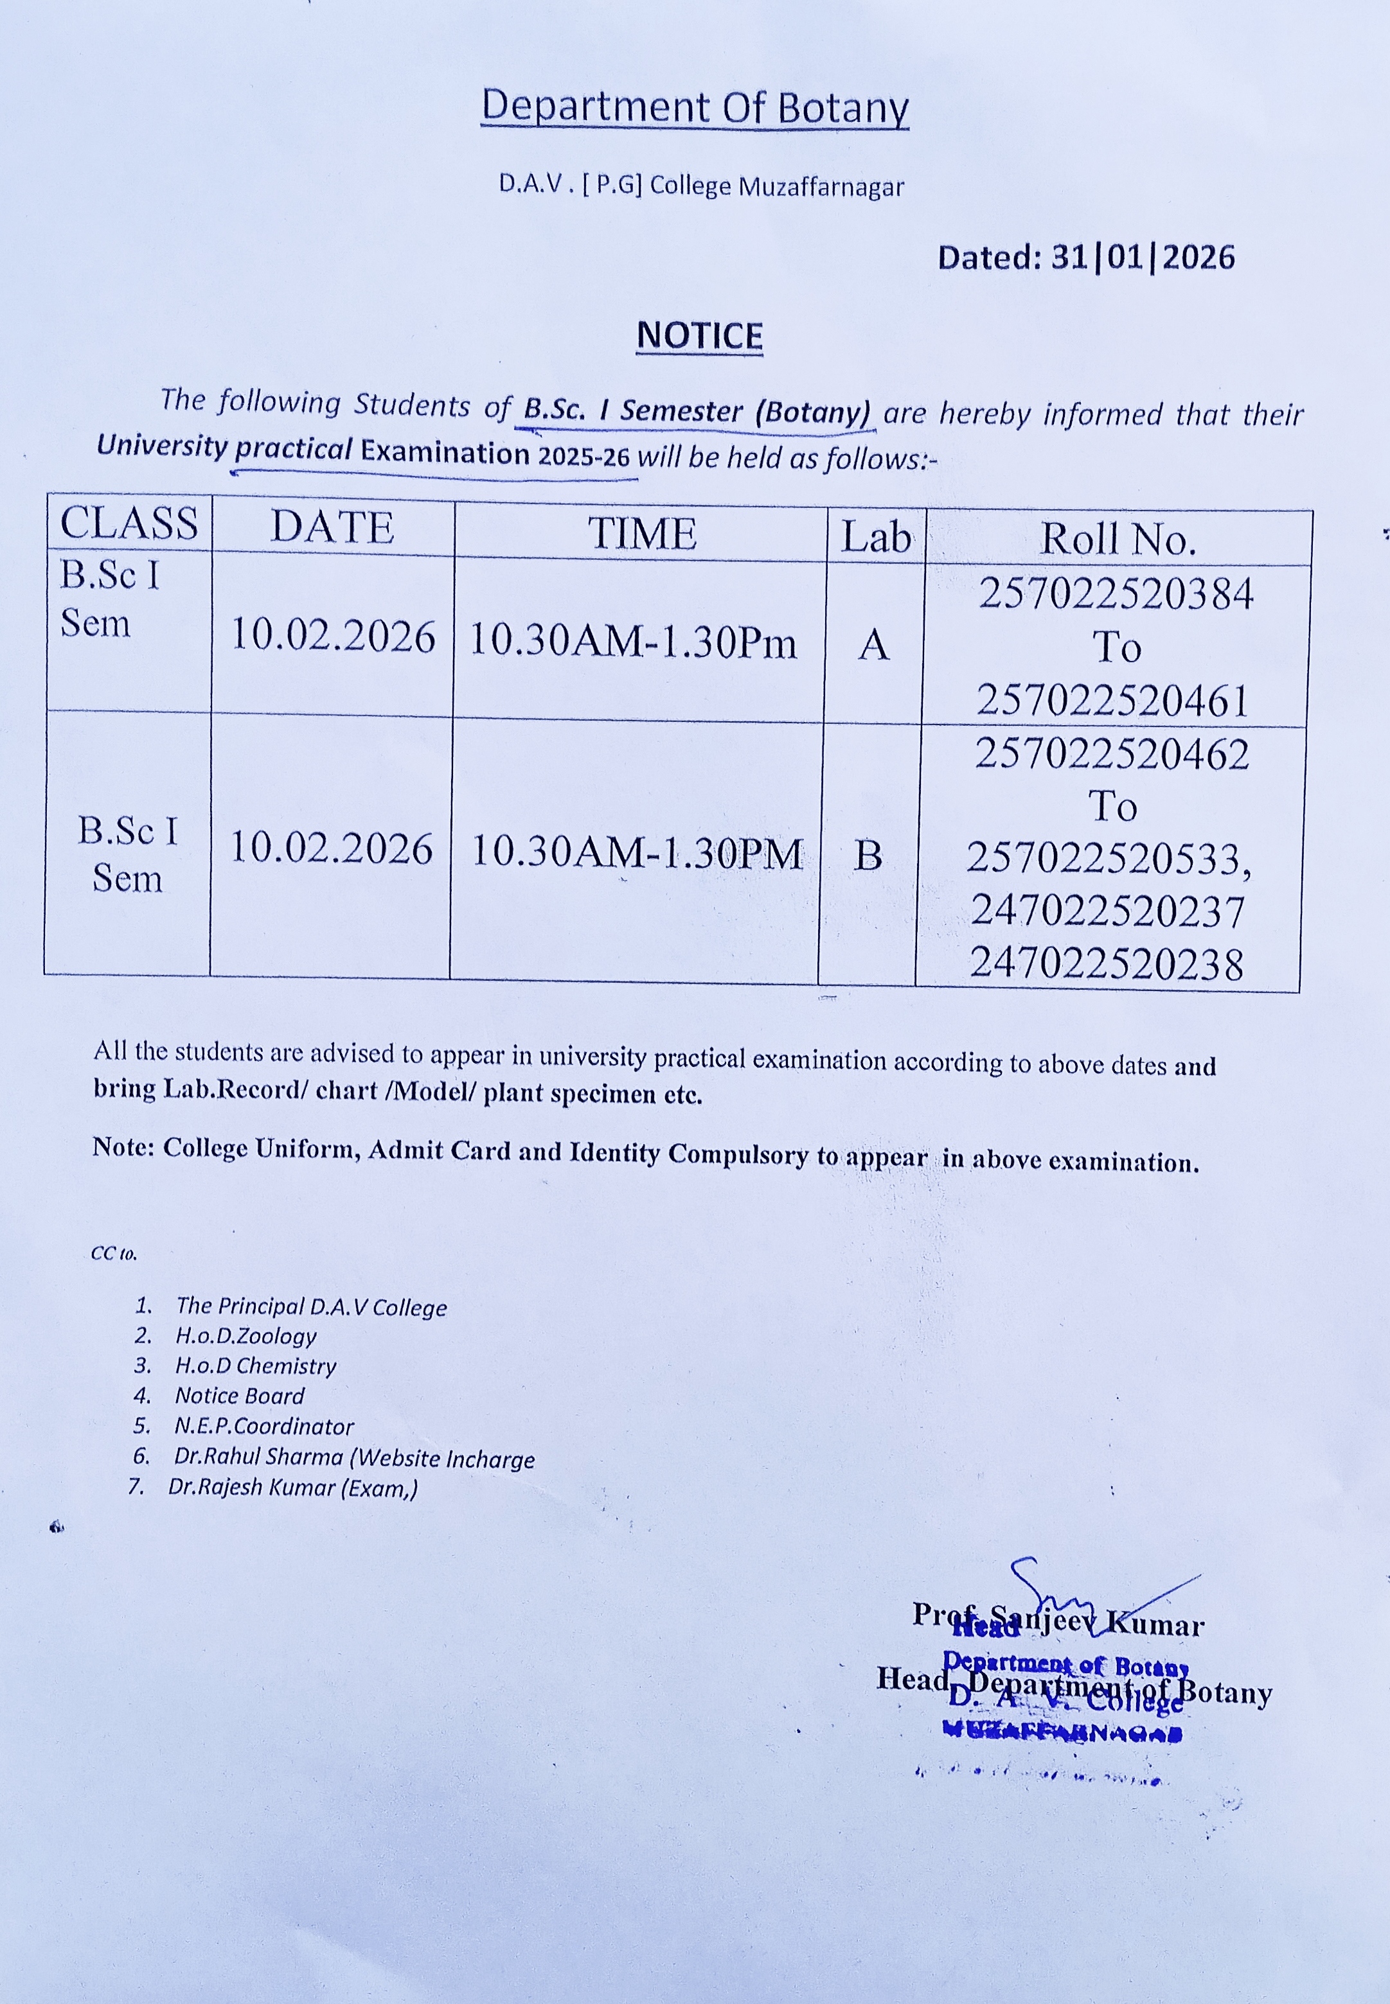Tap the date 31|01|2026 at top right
(1142, 258)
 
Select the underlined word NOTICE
(699, 336)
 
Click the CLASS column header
(129, 523)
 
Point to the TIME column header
(642, 532)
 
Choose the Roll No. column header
(1118, 539)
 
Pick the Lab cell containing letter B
(868, 855)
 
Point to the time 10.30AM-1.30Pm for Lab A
(633, 642)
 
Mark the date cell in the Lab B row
(331, 848)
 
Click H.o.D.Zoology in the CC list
(245, 1335)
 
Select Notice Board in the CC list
(240, 1396)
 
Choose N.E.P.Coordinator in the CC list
(264, 1426)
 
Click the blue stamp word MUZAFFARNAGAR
(1062, 1733)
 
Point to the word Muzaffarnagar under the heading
(821, 186)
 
